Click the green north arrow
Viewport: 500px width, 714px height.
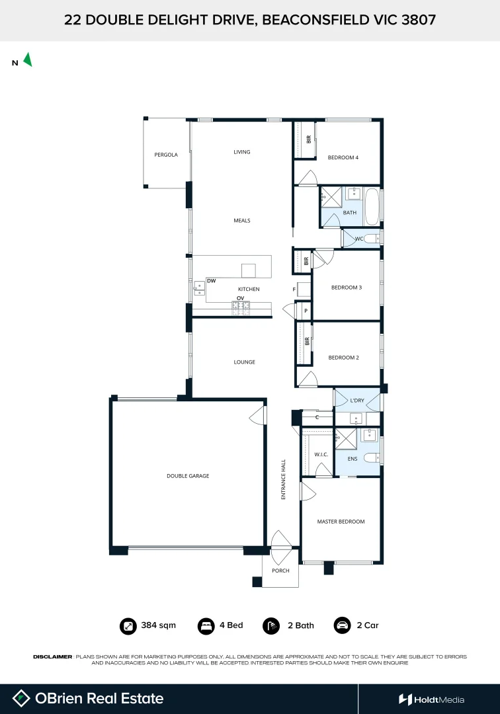(28, 59)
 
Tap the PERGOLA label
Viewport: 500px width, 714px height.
(166, 155)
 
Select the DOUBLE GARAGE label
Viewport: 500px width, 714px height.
(188, 475)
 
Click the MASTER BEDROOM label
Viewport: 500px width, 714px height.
(341, 522)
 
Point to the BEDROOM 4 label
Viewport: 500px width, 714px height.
(343, 157)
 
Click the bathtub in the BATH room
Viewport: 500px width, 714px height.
(372, 206)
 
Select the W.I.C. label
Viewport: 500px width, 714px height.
(321, 454)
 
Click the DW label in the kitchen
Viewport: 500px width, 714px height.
(212, 281)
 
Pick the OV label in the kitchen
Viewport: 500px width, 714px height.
(241, 298)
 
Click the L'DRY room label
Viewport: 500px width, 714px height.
(357, 401)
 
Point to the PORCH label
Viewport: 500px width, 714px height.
(280, 571)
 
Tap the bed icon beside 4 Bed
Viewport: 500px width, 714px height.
(206, 625)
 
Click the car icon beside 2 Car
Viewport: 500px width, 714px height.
(342, 625)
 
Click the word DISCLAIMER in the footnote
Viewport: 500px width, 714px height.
(52, 656)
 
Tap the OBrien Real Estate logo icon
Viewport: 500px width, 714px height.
(21, 698)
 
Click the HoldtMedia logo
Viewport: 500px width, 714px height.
(431, 699)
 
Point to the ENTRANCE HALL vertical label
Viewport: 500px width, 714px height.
(282, 479)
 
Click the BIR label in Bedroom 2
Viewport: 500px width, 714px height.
(308, 342)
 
